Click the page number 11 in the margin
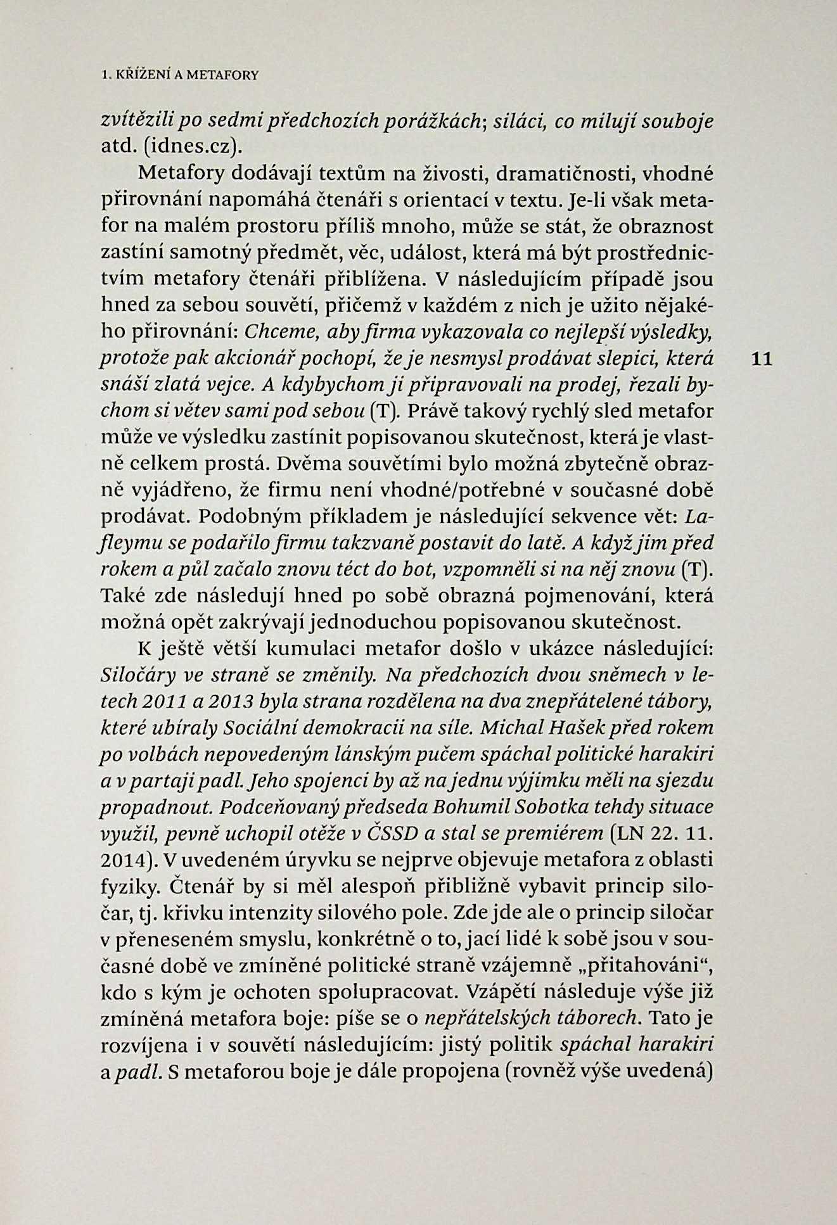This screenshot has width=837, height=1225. tap(761, 359)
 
